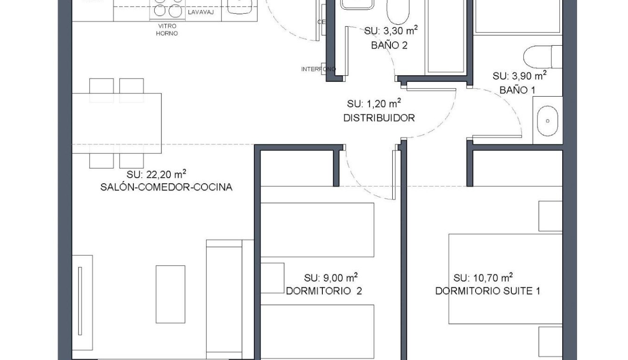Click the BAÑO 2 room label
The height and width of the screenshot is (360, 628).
(x=389, y=46)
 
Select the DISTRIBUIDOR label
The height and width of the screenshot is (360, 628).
(x=379, y=118)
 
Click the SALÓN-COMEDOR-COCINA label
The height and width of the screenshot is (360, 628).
(x=166, y=187)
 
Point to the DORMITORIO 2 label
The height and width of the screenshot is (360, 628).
(x=324, y=291)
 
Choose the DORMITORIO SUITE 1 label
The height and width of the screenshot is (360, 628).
(x=488, y=291)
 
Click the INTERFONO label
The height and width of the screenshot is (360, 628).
(x=318, y=70)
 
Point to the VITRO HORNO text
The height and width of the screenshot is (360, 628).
(x=167, y=30)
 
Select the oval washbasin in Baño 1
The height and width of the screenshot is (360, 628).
(x=547, y=121)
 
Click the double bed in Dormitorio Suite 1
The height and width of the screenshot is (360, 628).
(x=505, y=279)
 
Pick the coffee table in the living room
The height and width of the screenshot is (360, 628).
(x=170, y=294)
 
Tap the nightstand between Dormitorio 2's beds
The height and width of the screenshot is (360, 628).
(x=272, y=278)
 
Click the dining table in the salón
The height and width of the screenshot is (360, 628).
(x=117, y=122)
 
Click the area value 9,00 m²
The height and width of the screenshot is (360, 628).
(x=330, y=278)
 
